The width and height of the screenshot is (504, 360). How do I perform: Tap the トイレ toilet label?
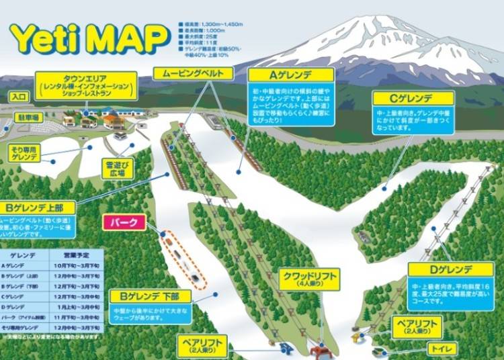click(444, 349)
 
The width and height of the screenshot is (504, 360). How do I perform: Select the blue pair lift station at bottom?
click(285, 348)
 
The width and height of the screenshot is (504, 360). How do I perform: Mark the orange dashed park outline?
click(182, 259)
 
